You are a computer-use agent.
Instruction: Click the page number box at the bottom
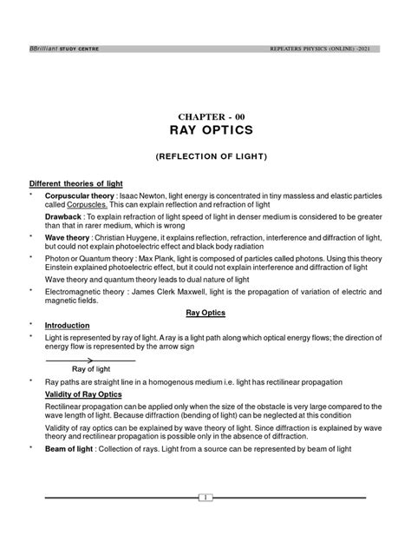click(x=205, y=497)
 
